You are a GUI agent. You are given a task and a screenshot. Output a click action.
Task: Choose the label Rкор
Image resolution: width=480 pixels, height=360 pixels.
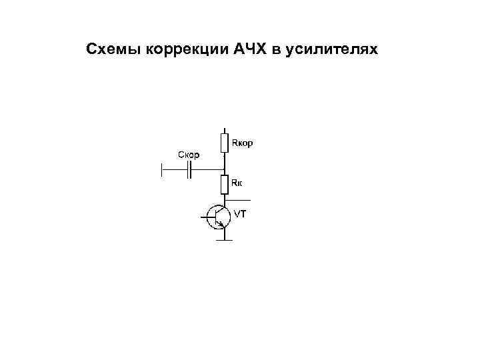[242, 143]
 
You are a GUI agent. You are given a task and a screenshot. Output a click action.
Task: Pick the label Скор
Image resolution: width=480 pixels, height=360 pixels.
[189, 155]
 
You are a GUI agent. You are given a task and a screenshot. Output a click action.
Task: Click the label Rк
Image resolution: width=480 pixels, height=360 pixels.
[237, 181]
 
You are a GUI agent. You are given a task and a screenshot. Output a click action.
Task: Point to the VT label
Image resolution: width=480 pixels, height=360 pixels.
[240, 214]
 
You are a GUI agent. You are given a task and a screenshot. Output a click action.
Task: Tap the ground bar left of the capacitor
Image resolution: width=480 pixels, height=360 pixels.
[162, 171]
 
